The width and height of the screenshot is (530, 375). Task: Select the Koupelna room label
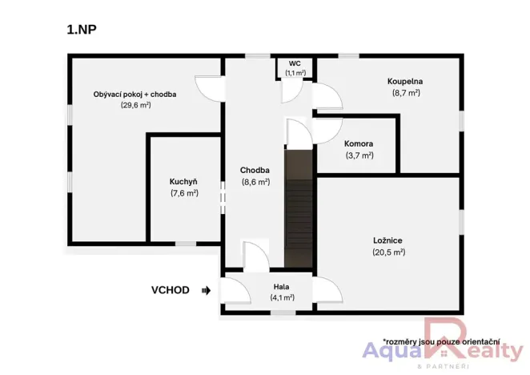pos(406,81)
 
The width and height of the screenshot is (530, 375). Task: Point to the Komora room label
pos(359,144)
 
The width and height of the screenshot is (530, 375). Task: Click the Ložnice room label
pos(387,240)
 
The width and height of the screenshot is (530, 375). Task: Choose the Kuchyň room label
pos(183,181)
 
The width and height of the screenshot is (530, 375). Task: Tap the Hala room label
pos(281,286)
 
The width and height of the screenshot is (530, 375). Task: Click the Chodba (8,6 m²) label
pos(255,170)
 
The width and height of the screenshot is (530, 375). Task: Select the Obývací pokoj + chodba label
pos(135,94)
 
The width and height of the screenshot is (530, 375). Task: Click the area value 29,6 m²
pos(135,105)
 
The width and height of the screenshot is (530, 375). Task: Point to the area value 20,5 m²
pos(388,252)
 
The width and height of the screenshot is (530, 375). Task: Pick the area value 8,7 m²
pos(406,93)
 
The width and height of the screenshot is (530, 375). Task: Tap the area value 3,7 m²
pos(359,155)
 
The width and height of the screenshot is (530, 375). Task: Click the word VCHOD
pos(171,290)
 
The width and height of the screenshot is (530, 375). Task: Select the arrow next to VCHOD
pos(206,290)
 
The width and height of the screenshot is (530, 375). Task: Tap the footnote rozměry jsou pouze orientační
pos(441,341)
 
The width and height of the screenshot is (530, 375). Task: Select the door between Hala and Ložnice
pos(327,288)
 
